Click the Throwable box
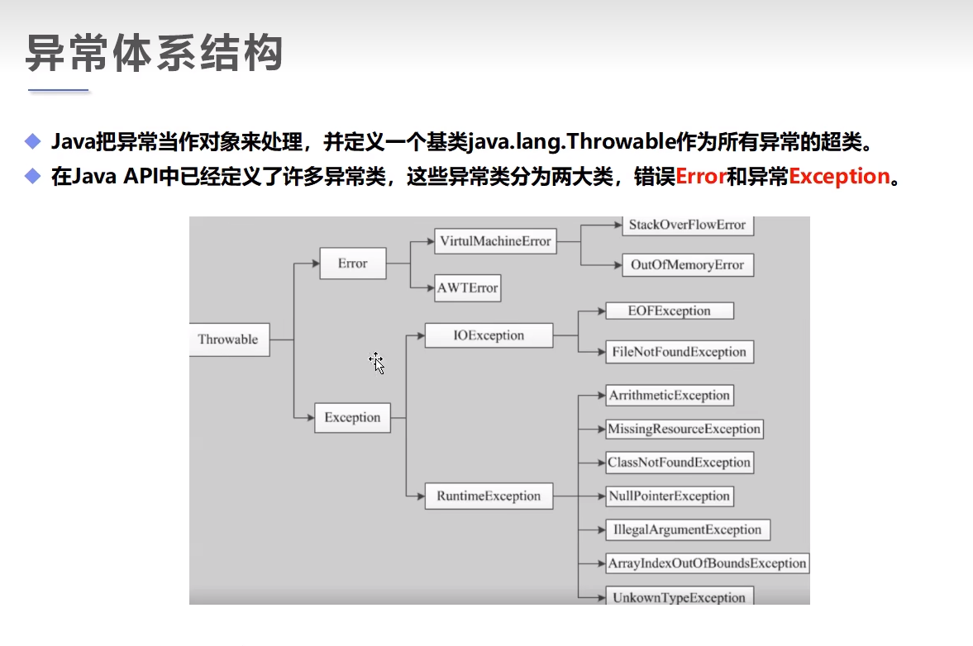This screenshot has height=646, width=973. point(229,340)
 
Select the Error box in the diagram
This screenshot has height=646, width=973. point(352,264)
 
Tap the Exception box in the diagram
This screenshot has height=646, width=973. point(352,417)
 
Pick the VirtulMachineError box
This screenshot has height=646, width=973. point(495,242)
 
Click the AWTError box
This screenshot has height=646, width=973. point(467,288)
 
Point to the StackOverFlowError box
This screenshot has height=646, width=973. point(687,225)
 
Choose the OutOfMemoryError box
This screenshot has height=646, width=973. point(687,265)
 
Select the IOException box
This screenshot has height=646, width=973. point(489,335)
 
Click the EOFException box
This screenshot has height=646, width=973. point(670,311)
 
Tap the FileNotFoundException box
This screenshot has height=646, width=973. point(679,352)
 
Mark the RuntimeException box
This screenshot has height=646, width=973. point(489,496)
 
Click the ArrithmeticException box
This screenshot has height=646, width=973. point(670,396)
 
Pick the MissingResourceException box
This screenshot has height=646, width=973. point(683,429)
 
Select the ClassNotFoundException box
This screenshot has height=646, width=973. point(679,463)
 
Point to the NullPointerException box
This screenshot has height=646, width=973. point(669,496)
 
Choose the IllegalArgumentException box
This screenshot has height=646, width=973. point(687,530)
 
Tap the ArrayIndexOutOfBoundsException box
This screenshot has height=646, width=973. point(706,563)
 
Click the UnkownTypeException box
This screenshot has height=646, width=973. point(679,597)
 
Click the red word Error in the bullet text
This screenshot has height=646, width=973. point(701,176)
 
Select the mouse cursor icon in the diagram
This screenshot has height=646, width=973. point(377,363)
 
